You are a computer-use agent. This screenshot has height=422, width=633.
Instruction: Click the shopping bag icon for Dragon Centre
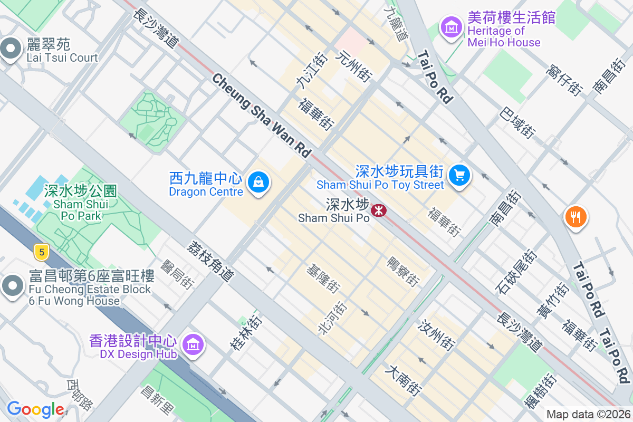258,183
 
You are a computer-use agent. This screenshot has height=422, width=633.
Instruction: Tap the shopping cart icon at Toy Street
459,175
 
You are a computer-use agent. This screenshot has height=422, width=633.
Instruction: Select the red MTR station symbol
378,210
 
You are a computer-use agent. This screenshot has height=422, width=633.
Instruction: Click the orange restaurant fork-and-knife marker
576,217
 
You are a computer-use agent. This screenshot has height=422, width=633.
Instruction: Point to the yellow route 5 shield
41,252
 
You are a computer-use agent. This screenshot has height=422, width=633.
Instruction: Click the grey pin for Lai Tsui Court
11,50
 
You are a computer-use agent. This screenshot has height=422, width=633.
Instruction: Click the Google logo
35,409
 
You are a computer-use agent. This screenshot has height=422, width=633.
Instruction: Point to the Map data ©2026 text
588,415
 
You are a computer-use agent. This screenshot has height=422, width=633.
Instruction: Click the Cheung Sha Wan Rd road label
262,116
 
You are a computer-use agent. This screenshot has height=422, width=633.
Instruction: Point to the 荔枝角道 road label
210,262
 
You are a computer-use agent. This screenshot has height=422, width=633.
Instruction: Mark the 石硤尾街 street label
510,272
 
